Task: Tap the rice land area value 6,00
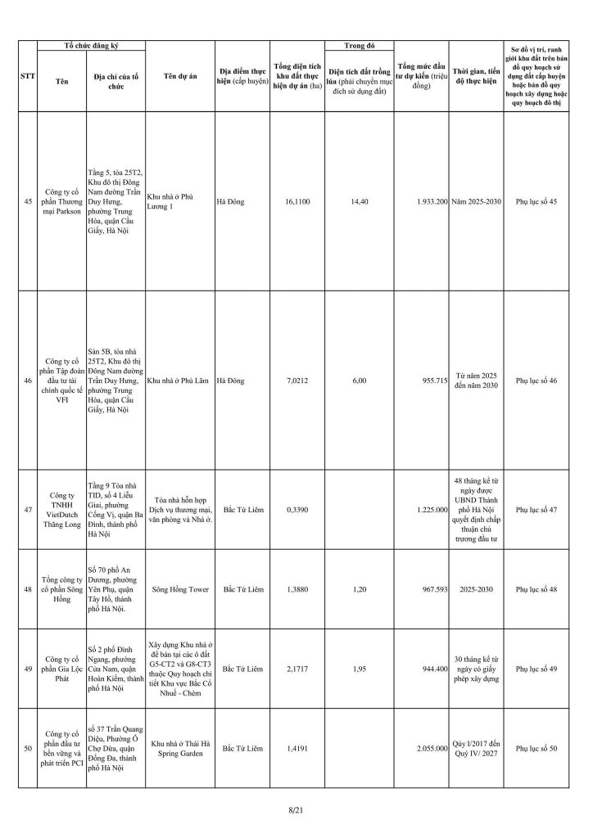[x=357, y=381]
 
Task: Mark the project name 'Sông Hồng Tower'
[x=177, y=589]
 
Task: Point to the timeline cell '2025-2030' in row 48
[x=475, y=589]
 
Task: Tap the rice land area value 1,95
[x=357, y=668]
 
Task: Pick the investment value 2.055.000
[x=428, y=748]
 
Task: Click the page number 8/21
[x=296, y=809]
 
